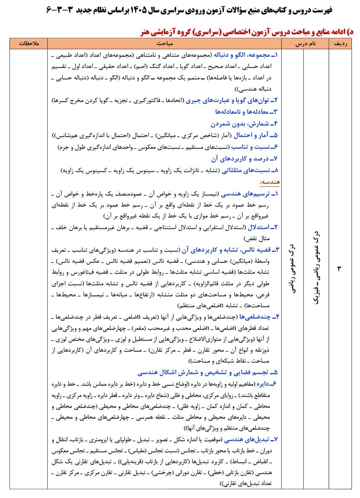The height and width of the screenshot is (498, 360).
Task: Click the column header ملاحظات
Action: point(28,44)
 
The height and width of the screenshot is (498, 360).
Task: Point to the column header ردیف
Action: point(339,44)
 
